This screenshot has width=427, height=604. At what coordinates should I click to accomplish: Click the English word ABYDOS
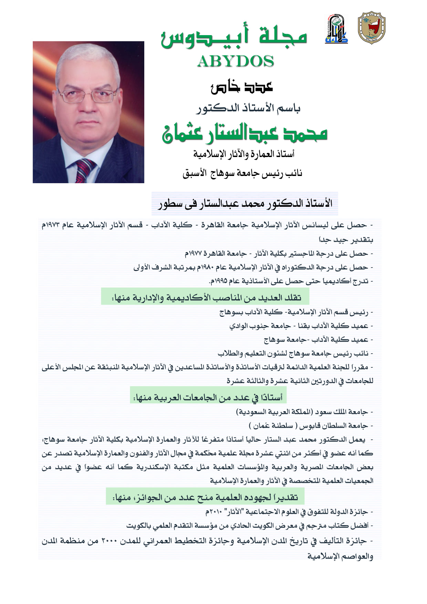[236, 61]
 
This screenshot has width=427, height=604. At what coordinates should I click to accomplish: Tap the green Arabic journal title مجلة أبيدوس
[234, 37]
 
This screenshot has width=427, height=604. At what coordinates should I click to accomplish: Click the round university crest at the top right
[371, 28]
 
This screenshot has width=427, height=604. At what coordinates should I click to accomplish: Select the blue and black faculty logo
[336, 29]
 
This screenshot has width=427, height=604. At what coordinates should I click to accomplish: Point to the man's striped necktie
[84, 170]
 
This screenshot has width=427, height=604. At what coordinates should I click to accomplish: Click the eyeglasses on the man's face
[87, 95]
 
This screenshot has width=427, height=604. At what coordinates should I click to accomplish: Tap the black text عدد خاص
[242, 87]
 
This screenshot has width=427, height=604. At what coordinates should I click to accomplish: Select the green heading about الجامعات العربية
[208, 397]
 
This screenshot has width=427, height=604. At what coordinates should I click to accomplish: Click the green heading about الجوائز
[205, 497]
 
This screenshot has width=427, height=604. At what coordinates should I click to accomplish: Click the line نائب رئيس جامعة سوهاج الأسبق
[242, 173]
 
